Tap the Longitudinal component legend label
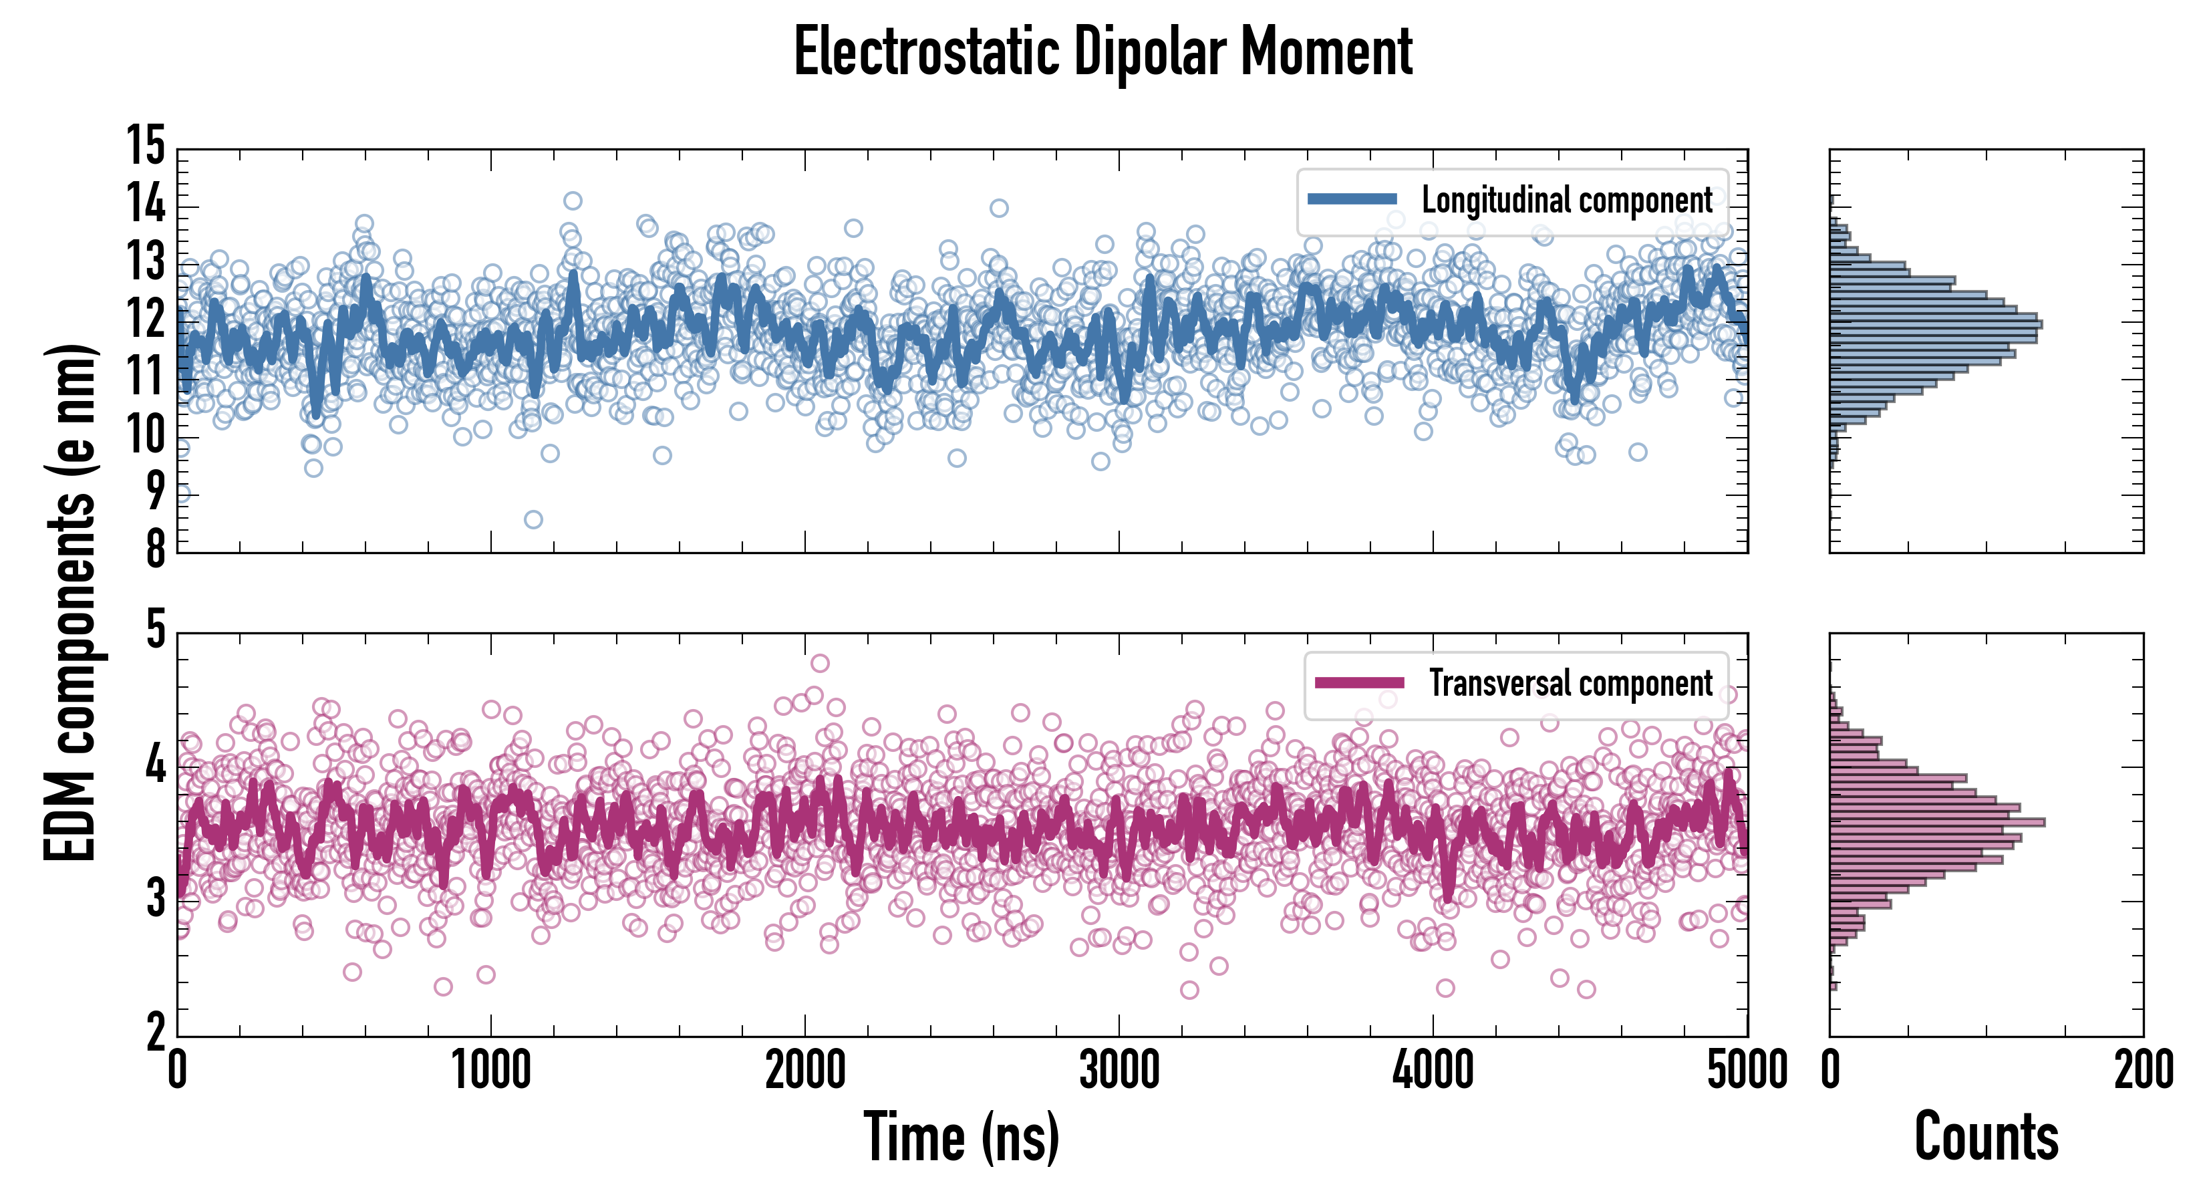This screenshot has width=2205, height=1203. click(1566, 200)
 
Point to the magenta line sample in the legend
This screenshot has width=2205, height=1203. click(1359, 682)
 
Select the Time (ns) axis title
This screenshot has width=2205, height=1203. click(962, 1137)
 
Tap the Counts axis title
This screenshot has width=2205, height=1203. click(1986, 1137)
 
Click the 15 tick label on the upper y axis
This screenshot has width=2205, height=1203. click(146, 146)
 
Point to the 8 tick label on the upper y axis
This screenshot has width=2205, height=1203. click(155, 549)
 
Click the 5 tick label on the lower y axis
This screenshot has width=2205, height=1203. click(155, 630)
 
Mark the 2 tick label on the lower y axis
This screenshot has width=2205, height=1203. click(155, 1033)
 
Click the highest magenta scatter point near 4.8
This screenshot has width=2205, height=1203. click(819, 663)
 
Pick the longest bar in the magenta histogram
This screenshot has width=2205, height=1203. click(1937, 822)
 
